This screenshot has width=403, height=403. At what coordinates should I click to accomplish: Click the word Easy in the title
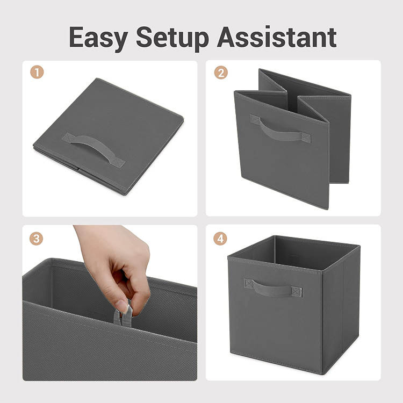[x=98, y=38]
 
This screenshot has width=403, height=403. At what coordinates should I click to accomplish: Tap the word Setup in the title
[x=172, y=38]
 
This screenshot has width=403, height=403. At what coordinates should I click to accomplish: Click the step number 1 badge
[x=37, y=72]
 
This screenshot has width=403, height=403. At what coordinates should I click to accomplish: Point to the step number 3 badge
[x=36, y=239]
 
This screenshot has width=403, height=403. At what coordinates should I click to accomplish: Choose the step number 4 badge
[x=220, y=239]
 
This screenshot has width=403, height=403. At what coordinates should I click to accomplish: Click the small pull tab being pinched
[x=123, y=316]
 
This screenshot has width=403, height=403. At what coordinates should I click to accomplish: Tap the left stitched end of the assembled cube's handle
[x=249, y=284]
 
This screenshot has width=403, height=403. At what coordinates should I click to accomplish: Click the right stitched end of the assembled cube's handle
[x=297, y=292]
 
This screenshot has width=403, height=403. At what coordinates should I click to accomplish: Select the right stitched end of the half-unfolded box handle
[x=306, y=138]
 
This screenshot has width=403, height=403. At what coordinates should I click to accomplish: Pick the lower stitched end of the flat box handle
[x=118, y=163]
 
